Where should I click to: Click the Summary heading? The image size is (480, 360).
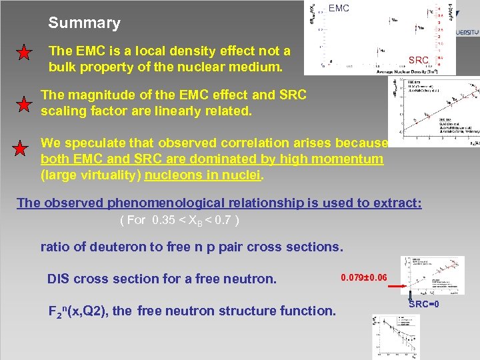tap(84, 23)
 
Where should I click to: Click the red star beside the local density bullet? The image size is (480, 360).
tap(24, 53)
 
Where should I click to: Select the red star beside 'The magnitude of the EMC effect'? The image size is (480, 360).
tap(24, 104)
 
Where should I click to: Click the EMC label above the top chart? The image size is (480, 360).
tap(339, 9)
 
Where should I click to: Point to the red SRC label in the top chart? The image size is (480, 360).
tap(419, 61)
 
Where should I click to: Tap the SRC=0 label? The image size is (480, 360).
tap(423, 304)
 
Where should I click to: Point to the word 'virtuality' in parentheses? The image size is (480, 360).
tap(80, 176)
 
